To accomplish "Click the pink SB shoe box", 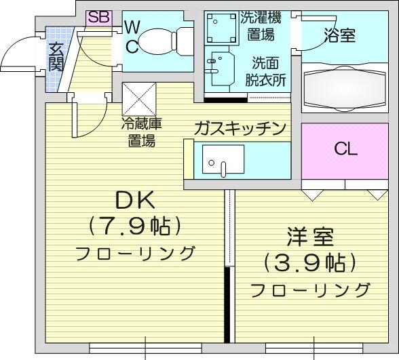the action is [99, 18].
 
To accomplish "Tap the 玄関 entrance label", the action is [56, 58].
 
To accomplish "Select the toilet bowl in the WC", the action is [164, 41].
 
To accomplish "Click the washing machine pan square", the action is [221, 28].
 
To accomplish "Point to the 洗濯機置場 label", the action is [261, 26].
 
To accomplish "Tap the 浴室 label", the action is [340, 35].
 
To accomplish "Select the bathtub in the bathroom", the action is [345, 88].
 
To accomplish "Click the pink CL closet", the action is [345, 151].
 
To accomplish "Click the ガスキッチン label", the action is [241, 129].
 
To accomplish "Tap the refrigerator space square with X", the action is [139, 99].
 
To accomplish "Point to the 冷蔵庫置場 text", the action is [141, 132].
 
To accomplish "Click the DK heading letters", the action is [135, 201].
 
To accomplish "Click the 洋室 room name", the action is [310, 237].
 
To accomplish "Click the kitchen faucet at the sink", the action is [223, 169].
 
